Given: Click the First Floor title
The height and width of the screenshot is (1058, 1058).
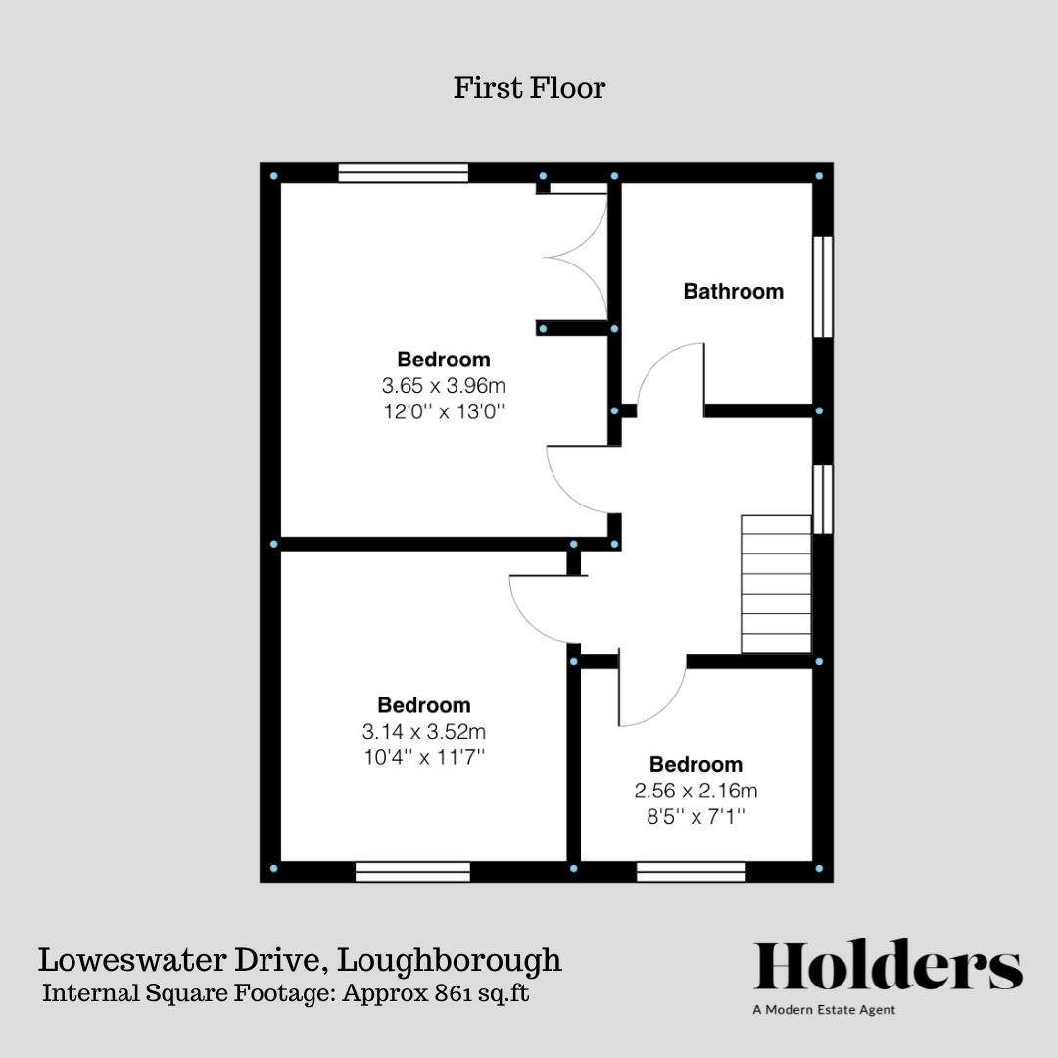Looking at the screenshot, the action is pos(529,88).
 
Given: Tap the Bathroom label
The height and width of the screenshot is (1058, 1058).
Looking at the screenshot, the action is pos(734,292).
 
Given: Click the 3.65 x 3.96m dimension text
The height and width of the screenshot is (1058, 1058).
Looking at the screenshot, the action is pos(444,385).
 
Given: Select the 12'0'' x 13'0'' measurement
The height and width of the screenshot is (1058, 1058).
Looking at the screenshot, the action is pos(444,410).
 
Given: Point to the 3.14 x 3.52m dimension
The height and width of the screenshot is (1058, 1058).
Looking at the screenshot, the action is pos(424,731).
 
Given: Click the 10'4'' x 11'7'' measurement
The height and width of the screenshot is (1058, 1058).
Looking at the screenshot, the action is pos(424,757).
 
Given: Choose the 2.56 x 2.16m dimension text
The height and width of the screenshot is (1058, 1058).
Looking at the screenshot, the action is pos(696,791).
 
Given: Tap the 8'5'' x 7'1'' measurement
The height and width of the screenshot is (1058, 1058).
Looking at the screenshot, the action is pos(696,816).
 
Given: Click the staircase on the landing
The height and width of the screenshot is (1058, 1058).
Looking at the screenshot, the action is pos(776,584).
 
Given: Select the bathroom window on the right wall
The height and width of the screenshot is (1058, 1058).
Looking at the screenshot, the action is pos(823,286).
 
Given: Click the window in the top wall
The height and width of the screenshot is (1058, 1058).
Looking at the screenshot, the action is pos(403,172).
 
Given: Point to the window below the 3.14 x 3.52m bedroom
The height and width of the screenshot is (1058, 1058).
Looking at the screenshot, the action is pos(413,872).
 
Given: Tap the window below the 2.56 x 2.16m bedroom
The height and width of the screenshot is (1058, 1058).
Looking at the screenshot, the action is pos(691,872).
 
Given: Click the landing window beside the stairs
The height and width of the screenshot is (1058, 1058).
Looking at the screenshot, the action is pos(823,500).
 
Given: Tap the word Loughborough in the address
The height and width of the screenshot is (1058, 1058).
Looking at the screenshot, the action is pos(450,961).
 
